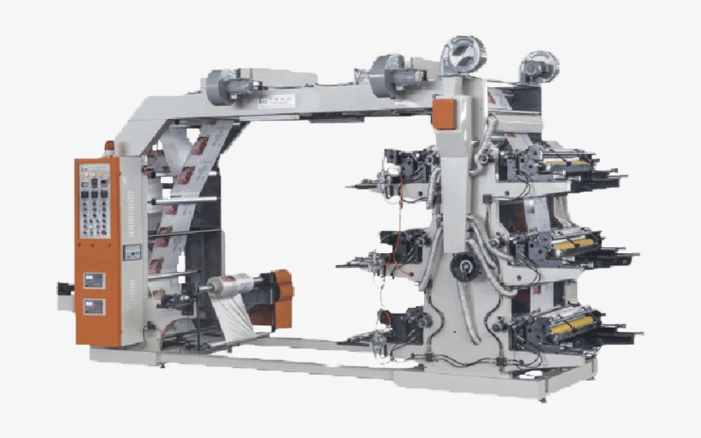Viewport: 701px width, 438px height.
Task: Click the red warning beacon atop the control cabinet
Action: (x=109, y=146)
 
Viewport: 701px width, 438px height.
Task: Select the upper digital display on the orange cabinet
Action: (x=94, y=281)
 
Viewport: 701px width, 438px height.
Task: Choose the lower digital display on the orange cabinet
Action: (x=94, y=306)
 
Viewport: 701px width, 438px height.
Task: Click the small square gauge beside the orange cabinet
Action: (x=132, y=252)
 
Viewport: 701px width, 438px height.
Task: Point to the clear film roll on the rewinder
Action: (x=229, y=285)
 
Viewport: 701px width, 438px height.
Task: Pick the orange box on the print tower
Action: (x=445, y=114)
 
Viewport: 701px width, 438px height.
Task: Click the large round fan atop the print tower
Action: (x=462, y=56)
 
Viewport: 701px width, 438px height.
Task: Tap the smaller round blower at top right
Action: (x=539, y=66)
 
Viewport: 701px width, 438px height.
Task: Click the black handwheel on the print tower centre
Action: (x=464, y=266)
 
